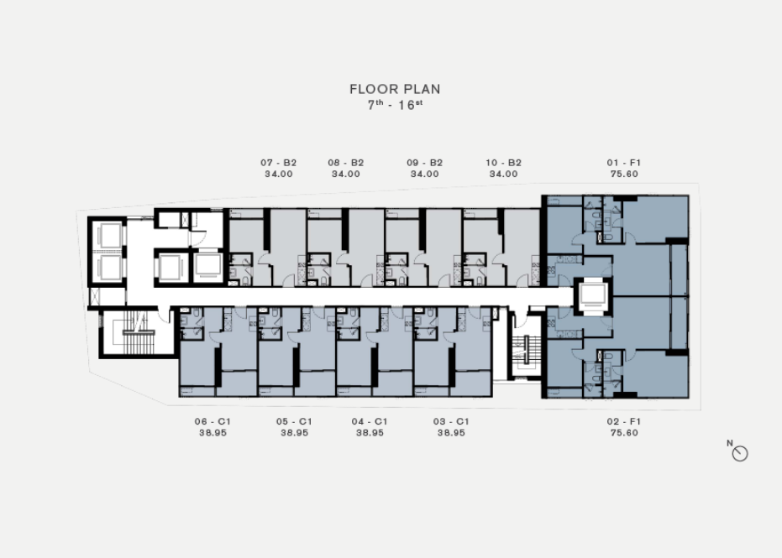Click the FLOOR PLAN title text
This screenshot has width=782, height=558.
pos(395,89)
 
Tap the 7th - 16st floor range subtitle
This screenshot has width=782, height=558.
pos(395,105)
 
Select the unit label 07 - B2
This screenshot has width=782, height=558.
pos(278,163)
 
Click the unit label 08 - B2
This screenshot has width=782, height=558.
pos(345,163)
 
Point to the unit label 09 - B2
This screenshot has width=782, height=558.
pos(424,163)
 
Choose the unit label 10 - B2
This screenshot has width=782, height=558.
pos(503,163)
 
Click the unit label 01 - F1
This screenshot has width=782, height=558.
pos(624,163)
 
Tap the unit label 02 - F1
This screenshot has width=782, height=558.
pos(624,421)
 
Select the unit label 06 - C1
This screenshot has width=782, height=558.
pos(213,421)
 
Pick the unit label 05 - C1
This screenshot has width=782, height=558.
pos(294,421)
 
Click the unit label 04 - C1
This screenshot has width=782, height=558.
pos(369,421)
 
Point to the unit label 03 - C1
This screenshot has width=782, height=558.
pos(451,421)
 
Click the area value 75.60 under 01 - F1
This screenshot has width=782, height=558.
pos(624,174)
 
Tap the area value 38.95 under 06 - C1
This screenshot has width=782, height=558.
pos(213,432)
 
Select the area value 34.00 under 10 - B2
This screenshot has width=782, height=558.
pos(503,174)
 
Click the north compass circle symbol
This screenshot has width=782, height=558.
pos(740,453)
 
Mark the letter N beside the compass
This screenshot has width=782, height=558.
pos(730,443)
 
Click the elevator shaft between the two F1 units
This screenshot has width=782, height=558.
pos(592,296)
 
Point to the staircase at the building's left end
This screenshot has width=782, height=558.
pos(136,332)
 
